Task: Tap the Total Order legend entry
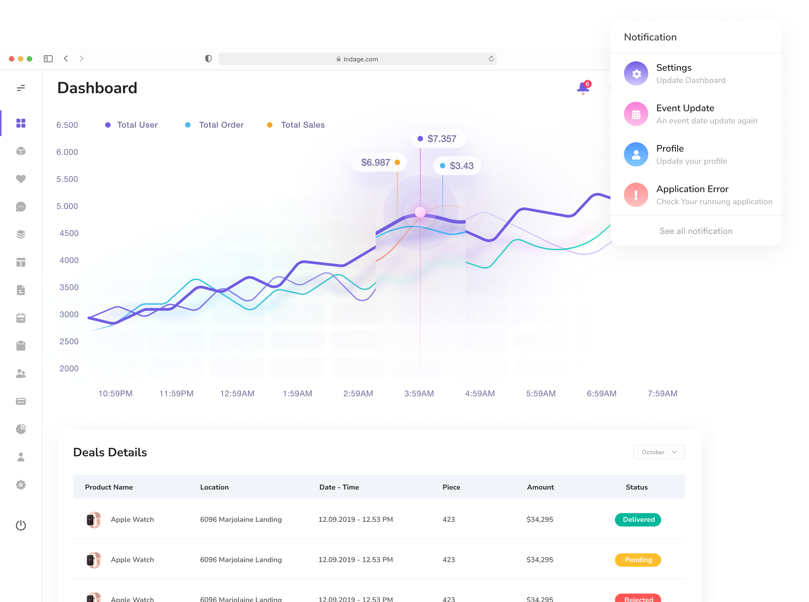pos(221,125)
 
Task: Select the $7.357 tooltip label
pos(441,139)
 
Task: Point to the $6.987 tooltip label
pos(376,162)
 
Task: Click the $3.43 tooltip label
pos(461,166)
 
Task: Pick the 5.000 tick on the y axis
pos(67,206)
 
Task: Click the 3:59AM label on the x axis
pos(419,394)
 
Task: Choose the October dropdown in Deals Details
pos(659,452)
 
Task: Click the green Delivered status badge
pos(638,520)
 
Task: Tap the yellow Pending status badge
pos(638,560)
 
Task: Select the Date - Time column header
pos(339,487)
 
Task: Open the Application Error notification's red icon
pos(636,195)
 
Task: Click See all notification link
pos(696,231)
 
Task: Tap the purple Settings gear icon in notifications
pos(636,73)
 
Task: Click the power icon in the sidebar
pos(21,525)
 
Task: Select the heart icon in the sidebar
pos(21,179)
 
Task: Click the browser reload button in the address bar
pos(491,59)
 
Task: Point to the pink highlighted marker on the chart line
pos(420,212)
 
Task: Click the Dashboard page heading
pos(97,88)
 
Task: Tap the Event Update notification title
pos(685,108)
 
